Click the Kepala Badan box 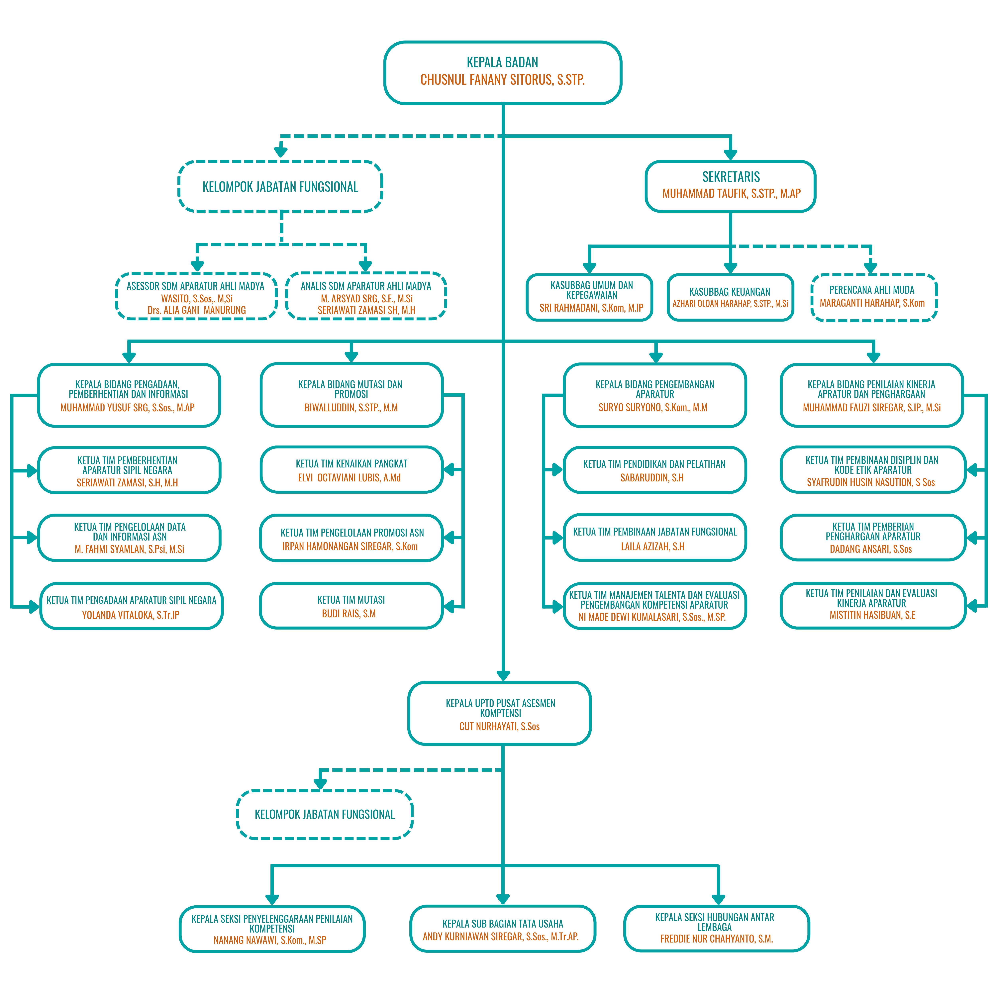click(x=503, y=73)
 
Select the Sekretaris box click(x=730, y=186)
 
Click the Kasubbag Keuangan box click(x=730, y=298)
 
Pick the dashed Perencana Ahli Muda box click(x=874, y=298)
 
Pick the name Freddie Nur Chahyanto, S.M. click(x=717, y=939)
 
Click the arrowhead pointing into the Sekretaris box click(x=730, y=154)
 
